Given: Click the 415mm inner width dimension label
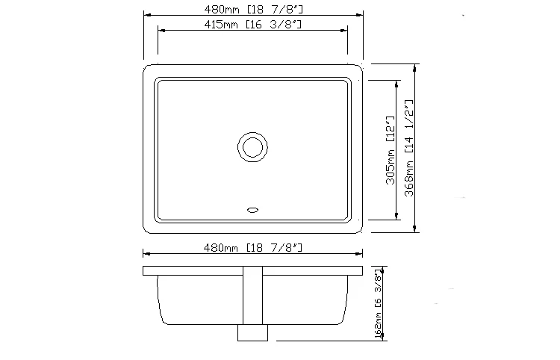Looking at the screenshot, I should pyautogui.click(x=252, y=25).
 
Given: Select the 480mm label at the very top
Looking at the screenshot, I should pyautogui.click(x=252, y=9).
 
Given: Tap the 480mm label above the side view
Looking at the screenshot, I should pyautogui.click(x=252, y=246).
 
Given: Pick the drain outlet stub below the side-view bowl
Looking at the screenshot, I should pyautogui.click(x=252, y=332).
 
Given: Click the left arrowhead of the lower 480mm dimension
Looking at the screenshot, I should pyautogui.click(x=146, y=253).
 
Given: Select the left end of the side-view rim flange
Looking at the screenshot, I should pyautogui.click(x=143, y=270).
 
